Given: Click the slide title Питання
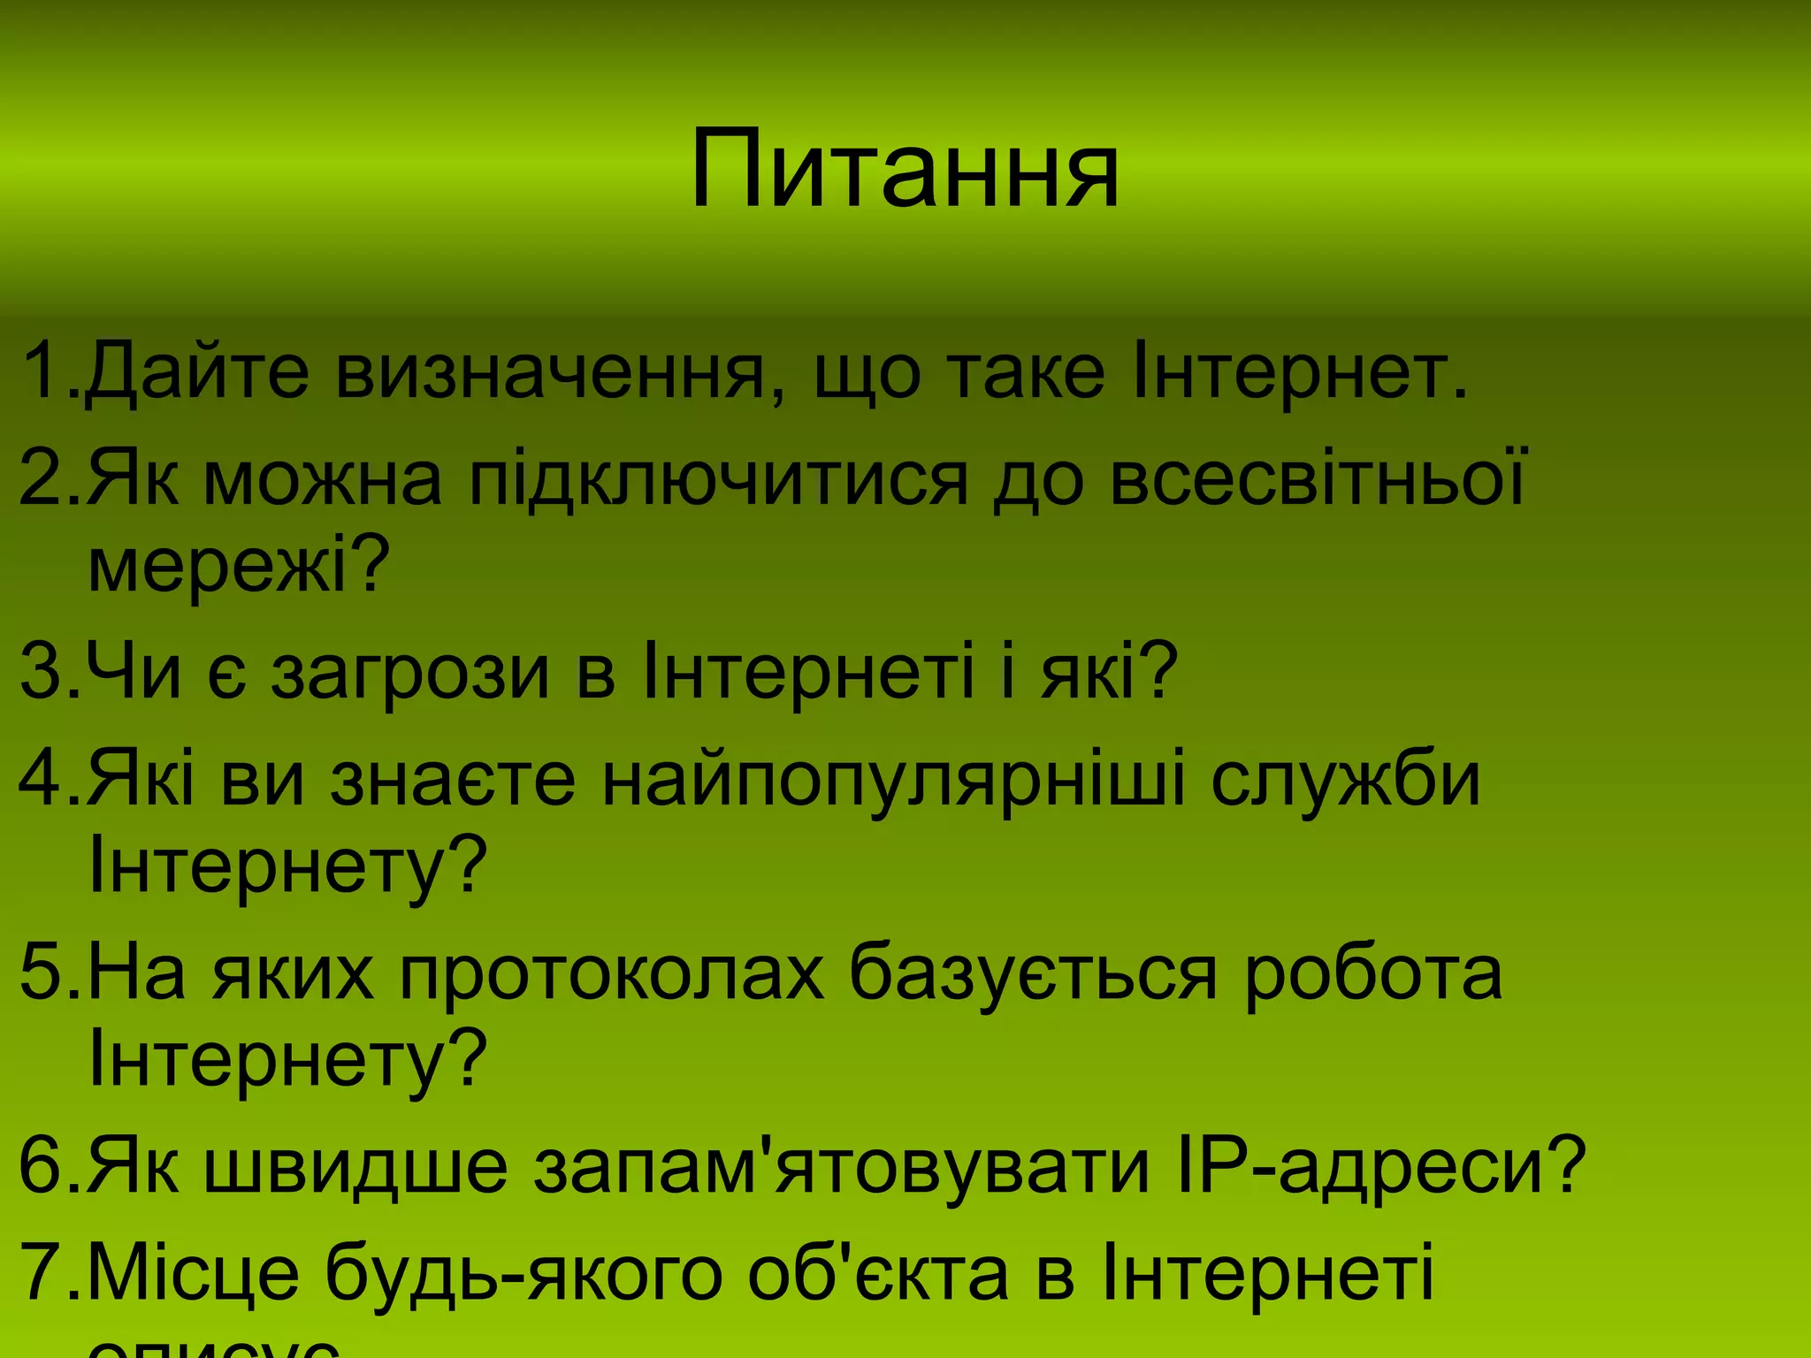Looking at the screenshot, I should pos(904,169).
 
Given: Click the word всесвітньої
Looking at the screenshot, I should pos(1318,478).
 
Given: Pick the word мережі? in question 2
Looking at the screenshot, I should pos(239,567).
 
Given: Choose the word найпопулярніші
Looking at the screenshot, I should pos(893,779).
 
